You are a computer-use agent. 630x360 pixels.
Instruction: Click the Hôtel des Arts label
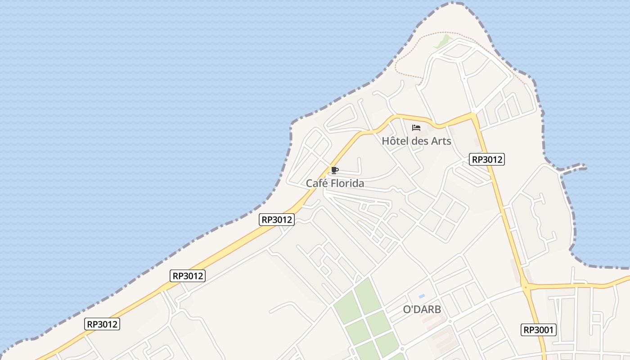(416, 141)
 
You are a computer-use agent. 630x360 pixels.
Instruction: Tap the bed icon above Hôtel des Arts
(416, 128)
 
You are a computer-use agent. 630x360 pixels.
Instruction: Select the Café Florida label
(335, 183)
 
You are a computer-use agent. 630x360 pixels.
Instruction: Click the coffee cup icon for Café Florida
(334, 170)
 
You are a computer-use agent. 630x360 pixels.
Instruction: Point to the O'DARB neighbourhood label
(422, 310)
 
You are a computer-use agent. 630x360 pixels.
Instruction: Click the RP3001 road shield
(539, 330)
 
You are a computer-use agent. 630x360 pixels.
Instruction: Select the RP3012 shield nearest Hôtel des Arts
(486, 159)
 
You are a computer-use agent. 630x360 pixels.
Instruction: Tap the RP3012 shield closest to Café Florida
(277, 220)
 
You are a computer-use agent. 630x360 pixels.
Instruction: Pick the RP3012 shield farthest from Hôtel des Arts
(103, 324)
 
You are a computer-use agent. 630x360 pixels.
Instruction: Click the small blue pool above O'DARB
(422, 296)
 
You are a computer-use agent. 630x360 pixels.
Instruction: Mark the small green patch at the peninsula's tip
(443, 41)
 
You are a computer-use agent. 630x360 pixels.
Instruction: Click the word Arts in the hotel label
(441, 141)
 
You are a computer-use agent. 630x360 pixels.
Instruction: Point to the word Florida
(346, 183)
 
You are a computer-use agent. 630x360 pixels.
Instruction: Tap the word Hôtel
(395, 141)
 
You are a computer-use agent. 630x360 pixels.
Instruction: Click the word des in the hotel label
(420, 141)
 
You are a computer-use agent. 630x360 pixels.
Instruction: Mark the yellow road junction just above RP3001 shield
(525, 287)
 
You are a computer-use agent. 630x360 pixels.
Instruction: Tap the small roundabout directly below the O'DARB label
(449, 321)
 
